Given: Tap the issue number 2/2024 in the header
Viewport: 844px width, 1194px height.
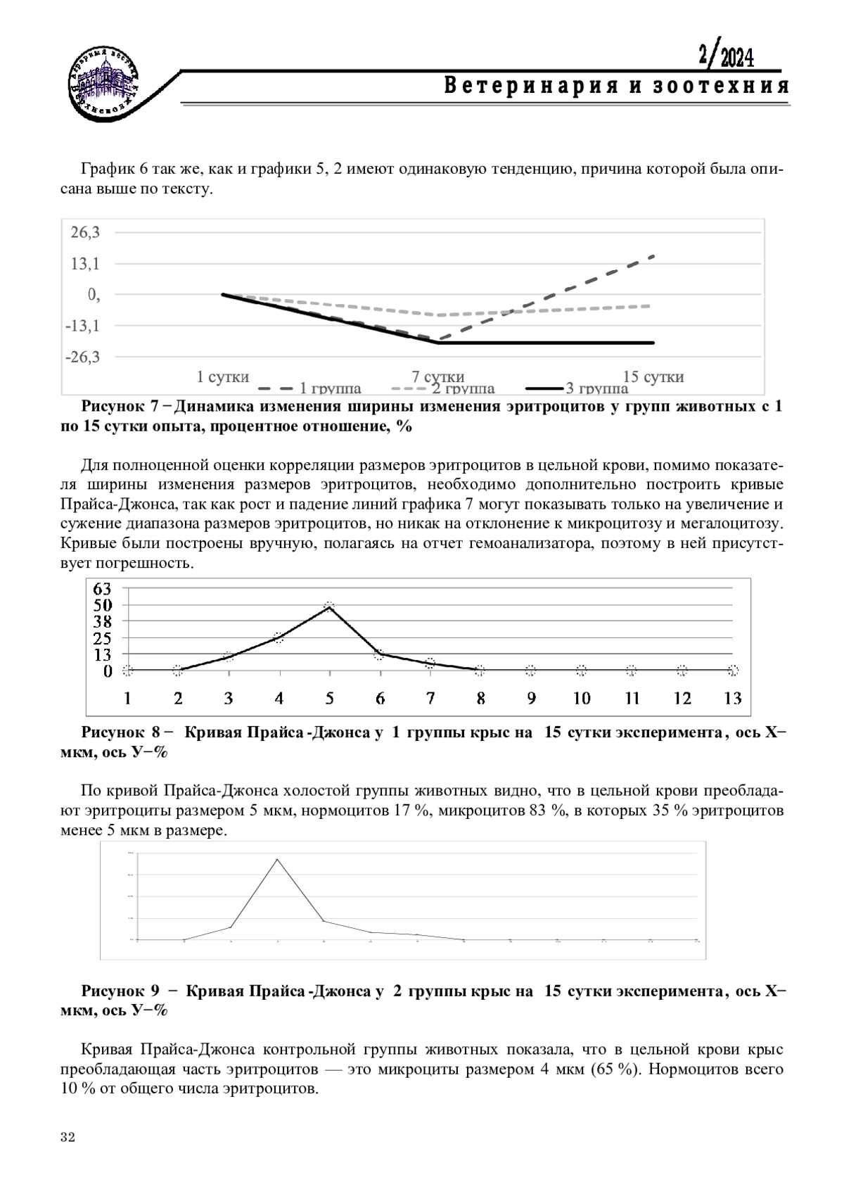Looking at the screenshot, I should pos(726,56).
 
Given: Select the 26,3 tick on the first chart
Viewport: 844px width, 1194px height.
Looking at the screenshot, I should pos(84,232).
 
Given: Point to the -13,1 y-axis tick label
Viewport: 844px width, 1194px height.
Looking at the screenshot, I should pos(82,326).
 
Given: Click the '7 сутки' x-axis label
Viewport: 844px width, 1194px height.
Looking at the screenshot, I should pos(438,376).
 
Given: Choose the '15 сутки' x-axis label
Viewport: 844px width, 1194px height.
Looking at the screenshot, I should pos(653,376).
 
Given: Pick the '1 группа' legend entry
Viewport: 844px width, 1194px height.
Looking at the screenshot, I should pos(309,388).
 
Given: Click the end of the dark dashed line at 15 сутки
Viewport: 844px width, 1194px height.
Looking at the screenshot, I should pos(654,255).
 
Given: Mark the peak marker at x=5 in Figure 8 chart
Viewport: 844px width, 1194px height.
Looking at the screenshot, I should pos(329,606).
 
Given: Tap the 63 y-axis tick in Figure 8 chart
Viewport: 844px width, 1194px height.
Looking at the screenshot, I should pos(103,588).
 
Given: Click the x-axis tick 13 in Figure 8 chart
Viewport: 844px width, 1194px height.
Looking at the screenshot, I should pos(733,698).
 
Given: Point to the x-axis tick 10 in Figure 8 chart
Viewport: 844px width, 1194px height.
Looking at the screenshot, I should pos(581,698).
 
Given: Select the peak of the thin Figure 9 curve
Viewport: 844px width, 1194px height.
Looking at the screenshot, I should pos(276,859).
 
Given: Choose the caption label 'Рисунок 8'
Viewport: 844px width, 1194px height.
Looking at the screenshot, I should pos(123,732).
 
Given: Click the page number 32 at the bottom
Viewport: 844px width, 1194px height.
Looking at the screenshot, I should pos(68,1138).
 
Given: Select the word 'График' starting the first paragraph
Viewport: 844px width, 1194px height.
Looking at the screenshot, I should pos(105,170).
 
